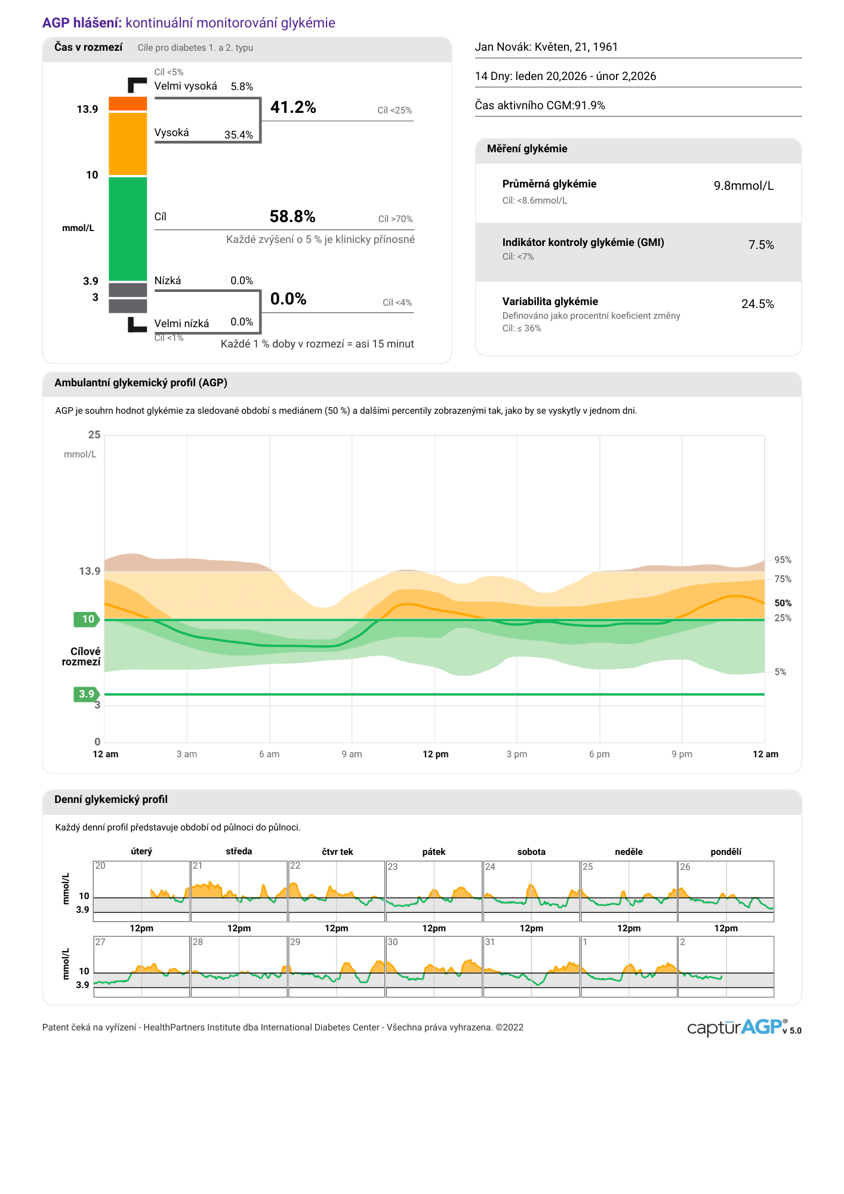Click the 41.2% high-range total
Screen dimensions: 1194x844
pos(293,107)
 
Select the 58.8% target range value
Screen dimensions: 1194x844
pos(292,216)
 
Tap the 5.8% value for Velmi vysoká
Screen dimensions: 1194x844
pos(242,87)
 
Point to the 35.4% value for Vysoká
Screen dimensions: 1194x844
pos(239,135)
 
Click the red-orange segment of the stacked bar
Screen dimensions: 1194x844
pos(128,104)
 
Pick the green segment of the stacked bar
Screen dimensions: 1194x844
pos(128,229)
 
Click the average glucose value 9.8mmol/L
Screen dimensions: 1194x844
pos(744,186)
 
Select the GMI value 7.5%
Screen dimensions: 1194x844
pos(761,245)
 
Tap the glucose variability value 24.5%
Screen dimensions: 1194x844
pos(757,304)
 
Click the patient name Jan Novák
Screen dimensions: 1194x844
pos(502,47)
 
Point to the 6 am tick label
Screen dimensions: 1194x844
pos(269,754)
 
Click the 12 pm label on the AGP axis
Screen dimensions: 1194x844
pos(436,754)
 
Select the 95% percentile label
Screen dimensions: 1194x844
pos(783,560)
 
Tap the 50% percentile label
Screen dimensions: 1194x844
pos(783,603)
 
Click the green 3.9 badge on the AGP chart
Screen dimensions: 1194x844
pos(87,694)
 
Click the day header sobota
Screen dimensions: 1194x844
pos(531,852)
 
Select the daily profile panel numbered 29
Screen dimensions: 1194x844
pos(337,967)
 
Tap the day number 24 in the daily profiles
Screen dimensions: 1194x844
pos(490,867)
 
